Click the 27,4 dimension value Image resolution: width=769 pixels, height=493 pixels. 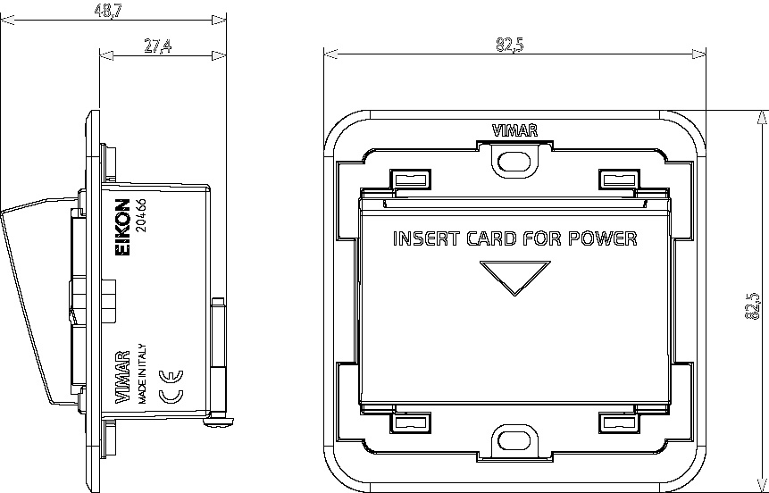point(157,46)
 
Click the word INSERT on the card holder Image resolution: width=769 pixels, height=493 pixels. point(425,238)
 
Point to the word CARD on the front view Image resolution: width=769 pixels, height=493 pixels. point(491,238)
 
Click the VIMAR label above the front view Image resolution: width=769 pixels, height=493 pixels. point(514,130)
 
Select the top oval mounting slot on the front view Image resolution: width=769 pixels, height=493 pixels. point(514,160)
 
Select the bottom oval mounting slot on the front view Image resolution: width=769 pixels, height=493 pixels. point(514,440)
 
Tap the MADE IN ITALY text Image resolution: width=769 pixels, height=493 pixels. point(141,372)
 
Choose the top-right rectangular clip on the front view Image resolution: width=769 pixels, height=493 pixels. point(618,180)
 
